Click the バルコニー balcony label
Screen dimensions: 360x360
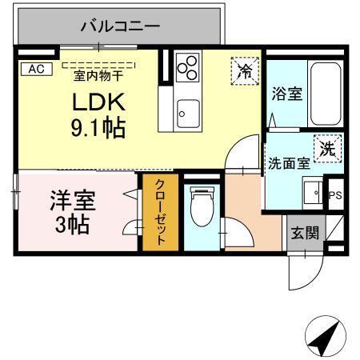point(120,26)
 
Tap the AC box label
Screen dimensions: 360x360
point(35,70)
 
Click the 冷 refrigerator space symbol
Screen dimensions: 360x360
point(246,70)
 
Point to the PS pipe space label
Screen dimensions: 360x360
point(336,194)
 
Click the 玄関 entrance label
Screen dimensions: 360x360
point(305,234)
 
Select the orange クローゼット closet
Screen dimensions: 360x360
point(160,212)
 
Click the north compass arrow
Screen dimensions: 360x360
point(323,337)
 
